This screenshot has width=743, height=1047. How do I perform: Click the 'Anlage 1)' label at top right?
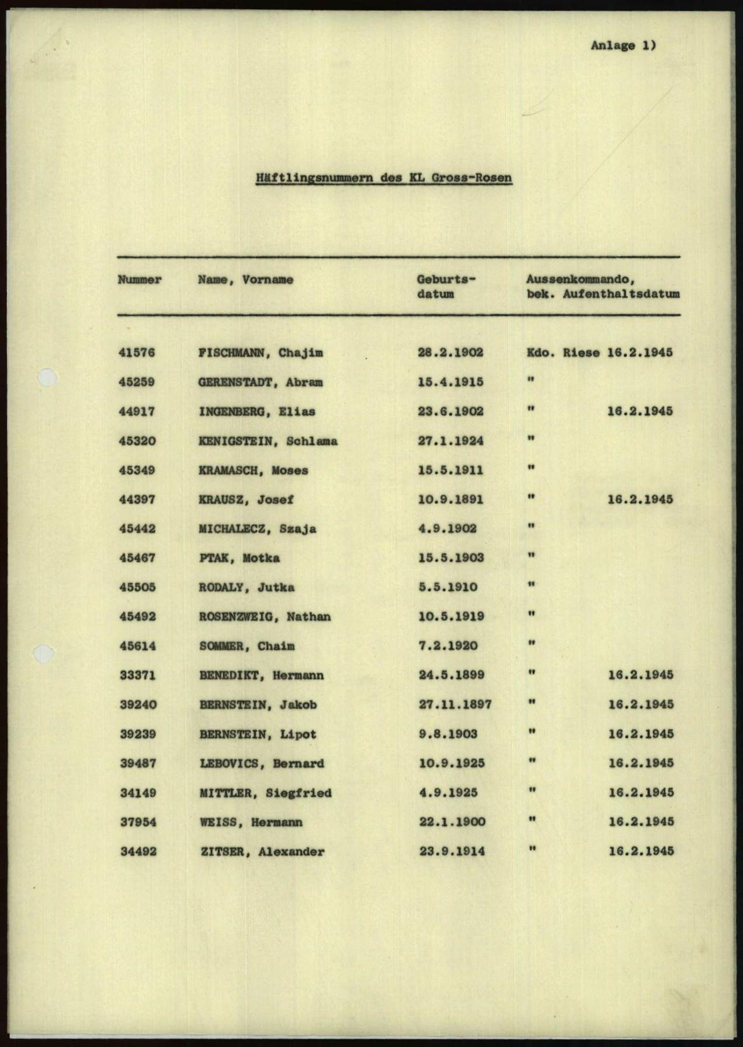623,45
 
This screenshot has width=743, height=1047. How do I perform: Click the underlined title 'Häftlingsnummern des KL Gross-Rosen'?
383,178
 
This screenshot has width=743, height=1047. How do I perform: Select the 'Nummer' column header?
140,279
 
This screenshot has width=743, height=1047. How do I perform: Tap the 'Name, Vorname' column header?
245,279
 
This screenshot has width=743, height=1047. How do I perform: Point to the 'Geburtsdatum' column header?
446,287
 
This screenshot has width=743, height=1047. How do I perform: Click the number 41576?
137,353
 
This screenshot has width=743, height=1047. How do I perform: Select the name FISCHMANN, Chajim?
260,353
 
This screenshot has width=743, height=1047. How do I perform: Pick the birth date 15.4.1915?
450,382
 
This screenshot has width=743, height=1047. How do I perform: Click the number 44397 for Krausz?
137,500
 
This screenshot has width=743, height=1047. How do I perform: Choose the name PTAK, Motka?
239,558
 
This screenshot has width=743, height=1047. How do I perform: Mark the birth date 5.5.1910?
447,587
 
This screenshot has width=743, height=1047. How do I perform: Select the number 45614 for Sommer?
138,646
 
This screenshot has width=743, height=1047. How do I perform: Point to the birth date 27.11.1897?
455,705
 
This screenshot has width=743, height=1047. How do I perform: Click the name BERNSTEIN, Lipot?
257,734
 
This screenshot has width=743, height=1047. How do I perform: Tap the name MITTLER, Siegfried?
265,793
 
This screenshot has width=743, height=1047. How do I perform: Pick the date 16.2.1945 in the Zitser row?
641,851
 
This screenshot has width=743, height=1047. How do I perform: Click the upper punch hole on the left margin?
47,378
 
